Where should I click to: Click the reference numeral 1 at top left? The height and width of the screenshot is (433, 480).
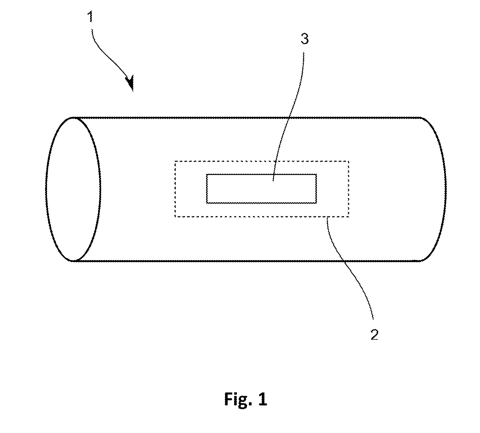(91, 17)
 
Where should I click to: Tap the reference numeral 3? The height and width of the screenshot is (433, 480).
(305, 39)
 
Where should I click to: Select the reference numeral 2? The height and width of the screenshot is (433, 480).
(374, 334)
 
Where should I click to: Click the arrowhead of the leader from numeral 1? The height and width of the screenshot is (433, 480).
(130, 83)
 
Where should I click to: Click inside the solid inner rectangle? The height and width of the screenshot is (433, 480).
(262, 189)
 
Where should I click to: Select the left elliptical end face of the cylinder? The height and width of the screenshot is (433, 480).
(73, 189)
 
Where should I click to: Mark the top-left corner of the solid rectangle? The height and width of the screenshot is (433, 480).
(207, 174)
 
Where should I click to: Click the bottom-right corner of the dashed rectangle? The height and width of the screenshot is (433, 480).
(349, 216)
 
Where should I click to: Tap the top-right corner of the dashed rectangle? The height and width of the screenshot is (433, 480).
(349, 161)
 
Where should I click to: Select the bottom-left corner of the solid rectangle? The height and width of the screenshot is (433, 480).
(207, 203)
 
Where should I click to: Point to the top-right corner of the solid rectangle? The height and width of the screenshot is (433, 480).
(316, 174)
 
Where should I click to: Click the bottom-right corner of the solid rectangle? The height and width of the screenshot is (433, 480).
(316, 203)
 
